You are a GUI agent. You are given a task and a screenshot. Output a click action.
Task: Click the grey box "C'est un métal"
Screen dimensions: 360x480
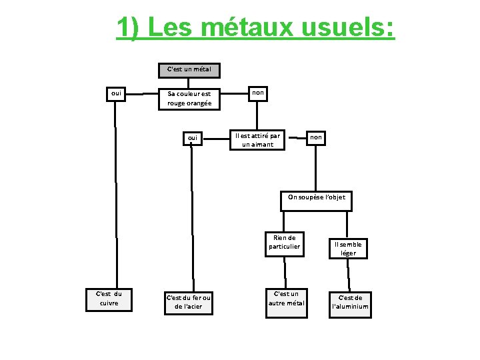click(189, 69)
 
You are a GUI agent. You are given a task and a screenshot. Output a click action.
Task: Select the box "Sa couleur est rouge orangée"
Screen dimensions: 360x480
click(189, 99)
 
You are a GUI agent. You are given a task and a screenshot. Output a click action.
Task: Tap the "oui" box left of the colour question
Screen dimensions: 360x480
click(116, 95)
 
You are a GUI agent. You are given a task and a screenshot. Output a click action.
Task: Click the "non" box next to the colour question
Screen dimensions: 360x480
click(257, 94)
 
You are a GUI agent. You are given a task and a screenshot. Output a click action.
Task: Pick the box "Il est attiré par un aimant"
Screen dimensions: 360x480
click(257, 139)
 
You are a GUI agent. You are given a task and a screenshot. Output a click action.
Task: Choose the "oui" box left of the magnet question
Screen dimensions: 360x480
click(193, 138)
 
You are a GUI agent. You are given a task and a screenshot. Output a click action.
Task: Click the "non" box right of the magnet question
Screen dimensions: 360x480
click(316, 137)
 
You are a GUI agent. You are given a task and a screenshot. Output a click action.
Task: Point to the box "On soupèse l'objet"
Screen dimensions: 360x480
click(316, 197)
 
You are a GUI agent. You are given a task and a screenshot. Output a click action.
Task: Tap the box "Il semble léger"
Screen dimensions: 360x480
click(348, 249)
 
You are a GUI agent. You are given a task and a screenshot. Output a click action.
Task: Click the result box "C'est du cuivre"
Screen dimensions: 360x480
click(109, 298)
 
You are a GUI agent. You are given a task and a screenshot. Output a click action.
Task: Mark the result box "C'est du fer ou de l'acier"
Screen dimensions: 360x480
click(188, 302)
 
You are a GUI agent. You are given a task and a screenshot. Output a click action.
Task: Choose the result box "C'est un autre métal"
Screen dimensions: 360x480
click(286, 298)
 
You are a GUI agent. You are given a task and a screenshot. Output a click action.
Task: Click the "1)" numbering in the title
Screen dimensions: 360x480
click(128, 27)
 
